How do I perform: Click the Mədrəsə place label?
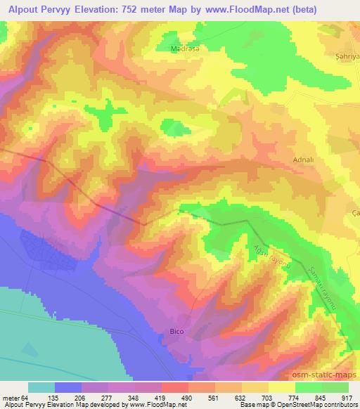185,49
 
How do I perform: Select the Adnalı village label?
303,160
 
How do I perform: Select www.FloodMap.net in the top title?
234,9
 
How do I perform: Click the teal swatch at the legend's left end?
41,387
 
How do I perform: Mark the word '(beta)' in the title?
284,9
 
